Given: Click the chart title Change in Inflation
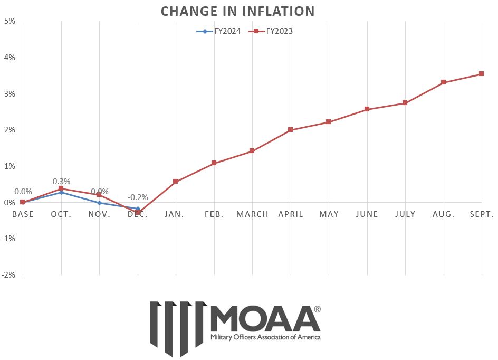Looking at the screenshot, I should click(237, 11).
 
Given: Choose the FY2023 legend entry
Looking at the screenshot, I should click(272, 31).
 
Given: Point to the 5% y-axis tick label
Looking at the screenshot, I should click(9, 21).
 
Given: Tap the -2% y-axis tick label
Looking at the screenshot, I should click(8, 274).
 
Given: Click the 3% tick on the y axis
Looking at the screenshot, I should click(9, 93).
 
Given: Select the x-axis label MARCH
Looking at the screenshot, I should click(252, 214).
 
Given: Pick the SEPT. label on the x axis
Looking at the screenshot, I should click(481, 214).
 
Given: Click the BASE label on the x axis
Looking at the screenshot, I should click(23, 214).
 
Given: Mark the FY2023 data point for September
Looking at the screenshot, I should click(481, 74).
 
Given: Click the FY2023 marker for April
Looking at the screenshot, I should click(291, 130).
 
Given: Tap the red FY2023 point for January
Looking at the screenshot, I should click(176, 182).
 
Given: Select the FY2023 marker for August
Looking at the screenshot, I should click(443, 82).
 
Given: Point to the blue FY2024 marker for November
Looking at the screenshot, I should click(99, 203).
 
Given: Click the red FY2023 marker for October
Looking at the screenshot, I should click(61, 188).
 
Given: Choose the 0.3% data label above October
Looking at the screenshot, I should click(61, 182).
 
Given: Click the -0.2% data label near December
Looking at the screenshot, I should click(138, 197).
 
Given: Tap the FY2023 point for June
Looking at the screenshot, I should click(367, 109).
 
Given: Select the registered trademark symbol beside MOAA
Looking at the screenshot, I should click(317, 309).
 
